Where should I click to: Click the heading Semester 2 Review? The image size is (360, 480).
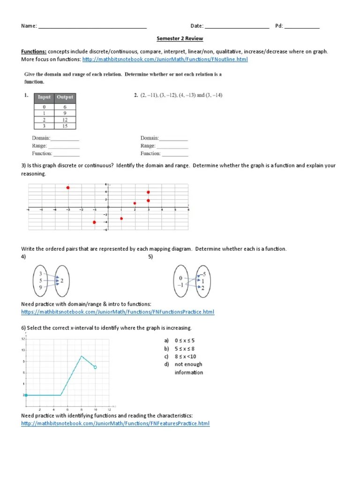pyautogui.click(x=180, y=38)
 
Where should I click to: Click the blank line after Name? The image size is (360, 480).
pyautogui.click(x=92, y=27)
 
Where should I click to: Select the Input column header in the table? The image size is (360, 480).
pyautogui.click(x=44, y=97)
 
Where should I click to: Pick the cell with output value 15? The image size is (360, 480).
pyautogui.click(x=65, y=126)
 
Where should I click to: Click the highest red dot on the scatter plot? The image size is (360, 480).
pyautogui.click(x=68, y=187)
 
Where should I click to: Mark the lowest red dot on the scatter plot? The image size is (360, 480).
pyautogui.click(x=94, y=222)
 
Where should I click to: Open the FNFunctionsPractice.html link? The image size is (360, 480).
pyautogui.click(x=118, y=312)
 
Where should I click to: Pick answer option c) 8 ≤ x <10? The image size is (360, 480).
pyautogui.click(x=184, y=357)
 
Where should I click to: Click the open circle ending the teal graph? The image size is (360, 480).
pyautogui.click(x=95, y=367)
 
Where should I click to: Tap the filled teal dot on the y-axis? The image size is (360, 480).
pyautogui.click(x=26, y=395)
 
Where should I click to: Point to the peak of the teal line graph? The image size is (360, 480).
pyautogui.click(x=81, y=356)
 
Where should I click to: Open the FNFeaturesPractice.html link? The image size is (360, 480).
pyautogui.click(x=115, y=424)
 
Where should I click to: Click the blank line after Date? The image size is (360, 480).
pyautogui.click(x=237, y=27)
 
